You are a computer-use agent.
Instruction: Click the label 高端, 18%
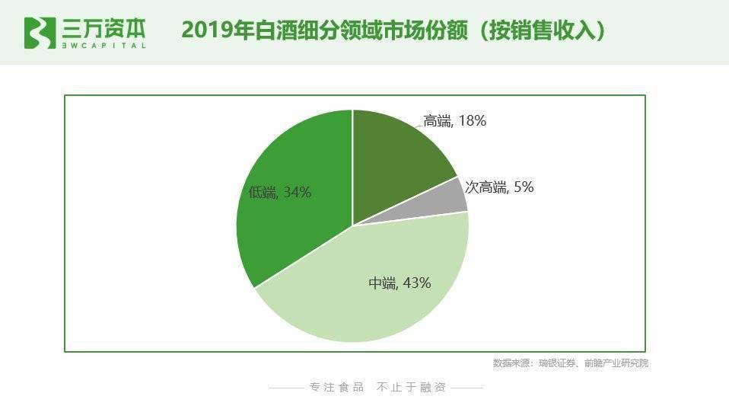click(454, 120)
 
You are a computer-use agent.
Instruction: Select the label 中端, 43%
click(400, 283)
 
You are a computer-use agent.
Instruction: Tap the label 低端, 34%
click(279, 192)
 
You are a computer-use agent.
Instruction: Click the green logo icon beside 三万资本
click(40, 31)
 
